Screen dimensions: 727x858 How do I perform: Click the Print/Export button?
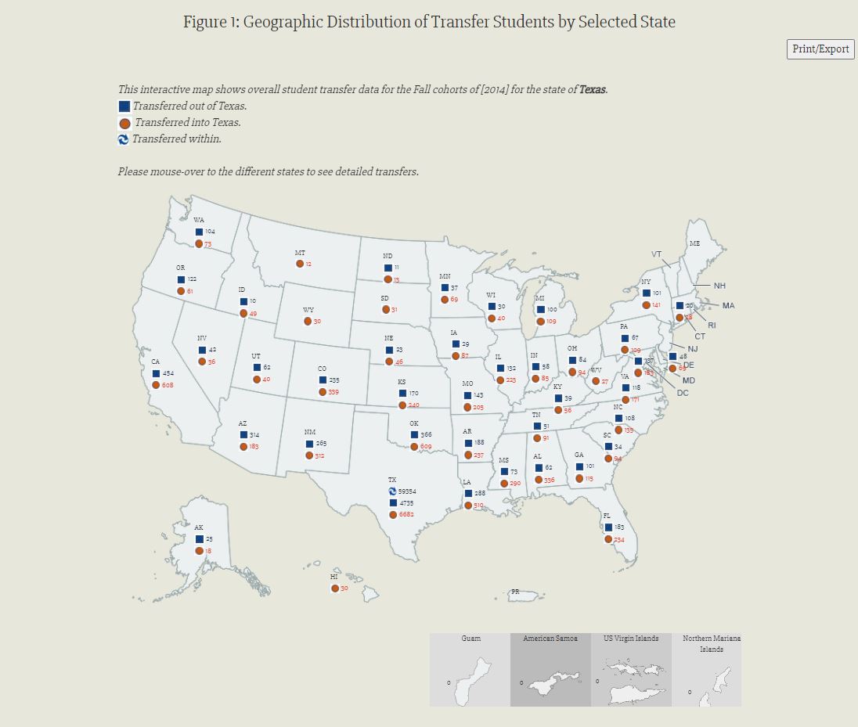pos(820,49)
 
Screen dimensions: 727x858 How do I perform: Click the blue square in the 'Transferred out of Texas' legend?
pos(124,106)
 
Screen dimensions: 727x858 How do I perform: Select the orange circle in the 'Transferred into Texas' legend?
pos(124,123)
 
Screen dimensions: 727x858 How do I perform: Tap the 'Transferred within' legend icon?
pos(123,139)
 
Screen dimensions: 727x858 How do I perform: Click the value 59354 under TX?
pos(407,491)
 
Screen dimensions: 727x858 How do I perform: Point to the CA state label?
pos(156,362)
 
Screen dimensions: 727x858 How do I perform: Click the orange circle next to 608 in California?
pos(157,385)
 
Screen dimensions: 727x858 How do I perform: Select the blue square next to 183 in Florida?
pos(608,527)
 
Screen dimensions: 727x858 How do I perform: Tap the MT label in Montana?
pos(300,253)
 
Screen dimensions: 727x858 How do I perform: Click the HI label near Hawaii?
pos(334,577)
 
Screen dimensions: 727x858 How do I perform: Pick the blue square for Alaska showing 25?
pos(199,539)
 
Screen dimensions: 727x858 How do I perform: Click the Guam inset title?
pos(470,639)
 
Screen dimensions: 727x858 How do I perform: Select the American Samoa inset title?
pos(550,639)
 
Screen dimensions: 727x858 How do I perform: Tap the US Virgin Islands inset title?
pos(631,639)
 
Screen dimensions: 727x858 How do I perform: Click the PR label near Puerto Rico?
pos(515,592)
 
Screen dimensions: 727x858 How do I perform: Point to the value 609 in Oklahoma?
pos(426,447)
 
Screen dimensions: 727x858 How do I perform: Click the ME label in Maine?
pos(694,243)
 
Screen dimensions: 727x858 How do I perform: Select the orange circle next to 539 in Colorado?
pos(323,392)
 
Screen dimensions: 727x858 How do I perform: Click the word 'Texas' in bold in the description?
pos(592,89)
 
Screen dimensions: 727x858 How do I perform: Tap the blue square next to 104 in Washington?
pos(199,232)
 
